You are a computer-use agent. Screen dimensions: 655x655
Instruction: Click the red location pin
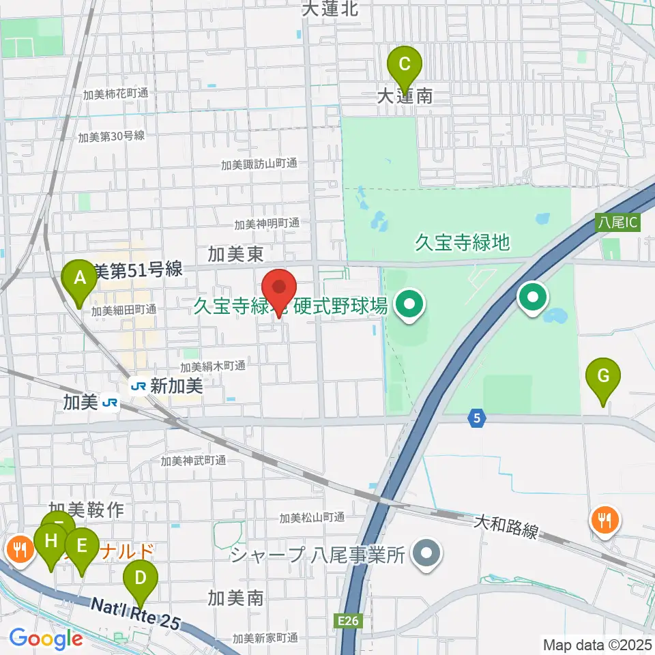click(x=279, y=290)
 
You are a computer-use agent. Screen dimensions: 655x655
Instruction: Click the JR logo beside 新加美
click(x=139, y=386)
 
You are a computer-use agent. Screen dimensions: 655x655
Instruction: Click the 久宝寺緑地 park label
click(x=463, y=242)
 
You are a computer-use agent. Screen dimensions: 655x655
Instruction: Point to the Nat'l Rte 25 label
click(x=136, y=612)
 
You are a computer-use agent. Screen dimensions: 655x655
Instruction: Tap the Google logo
click(x=45, y=639)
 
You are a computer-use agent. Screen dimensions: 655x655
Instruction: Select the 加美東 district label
click(x=236, y=255)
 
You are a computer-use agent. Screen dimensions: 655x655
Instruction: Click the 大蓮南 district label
click(x=405, y=96)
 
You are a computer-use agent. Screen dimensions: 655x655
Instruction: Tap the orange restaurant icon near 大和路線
click(x=604, y=521)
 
